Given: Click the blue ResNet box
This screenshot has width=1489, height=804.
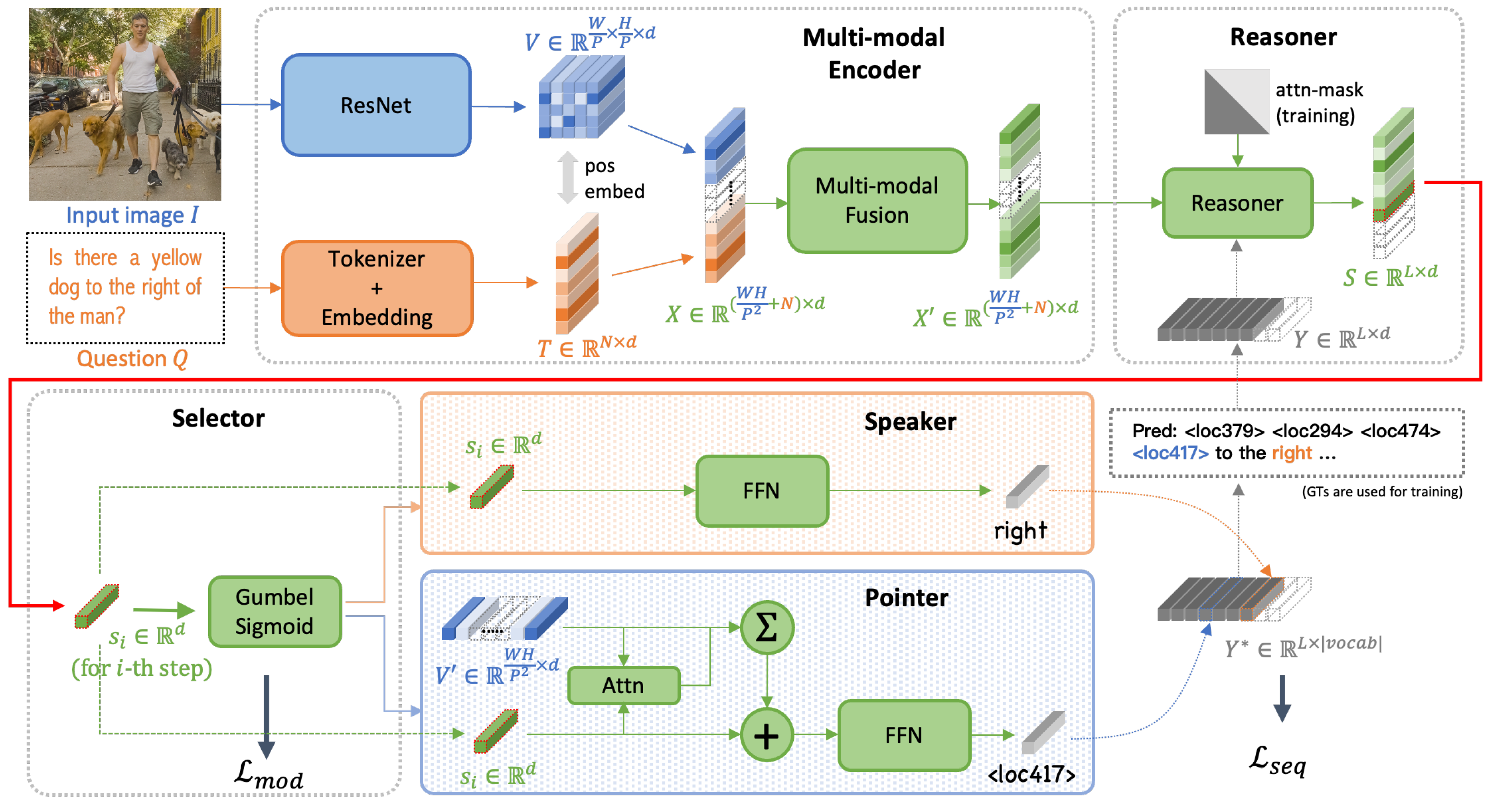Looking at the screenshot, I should click(x=376, y=105).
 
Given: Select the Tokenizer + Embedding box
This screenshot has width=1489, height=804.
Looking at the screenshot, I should click(x=377, y=288).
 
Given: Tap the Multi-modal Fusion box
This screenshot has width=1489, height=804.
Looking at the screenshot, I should click(x=877, y=200).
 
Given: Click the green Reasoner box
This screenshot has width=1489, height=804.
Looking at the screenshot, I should click(x=1237, y=203).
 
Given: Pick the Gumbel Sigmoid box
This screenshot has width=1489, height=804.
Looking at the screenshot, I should click(x=275, y=611).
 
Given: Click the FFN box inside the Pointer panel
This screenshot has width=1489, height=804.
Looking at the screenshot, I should click(x=903, y=735).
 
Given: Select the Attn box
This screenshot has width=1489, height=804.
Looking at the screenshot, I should click(x=623, y=685).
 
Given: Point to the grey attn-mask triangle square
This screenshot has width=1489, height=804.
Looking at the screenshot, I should click(x=1236, y=102).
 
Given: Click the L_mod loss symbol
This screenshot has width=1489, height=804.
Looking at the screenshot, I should click(x=268, y=774).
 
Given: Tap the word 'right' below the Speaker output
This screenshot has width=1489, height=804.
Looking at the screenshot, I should click(x=1020, y=530).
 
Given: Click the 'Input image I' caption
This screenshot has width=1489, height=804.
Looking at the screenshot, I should click(x=132, y=215).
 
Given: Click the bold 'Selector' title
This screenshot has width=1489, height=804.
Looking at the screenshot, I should click(x=218, y=418).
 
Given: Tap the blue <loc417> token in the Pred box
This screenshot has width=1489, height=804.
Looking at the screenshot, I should click(x=1170, y=453).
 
